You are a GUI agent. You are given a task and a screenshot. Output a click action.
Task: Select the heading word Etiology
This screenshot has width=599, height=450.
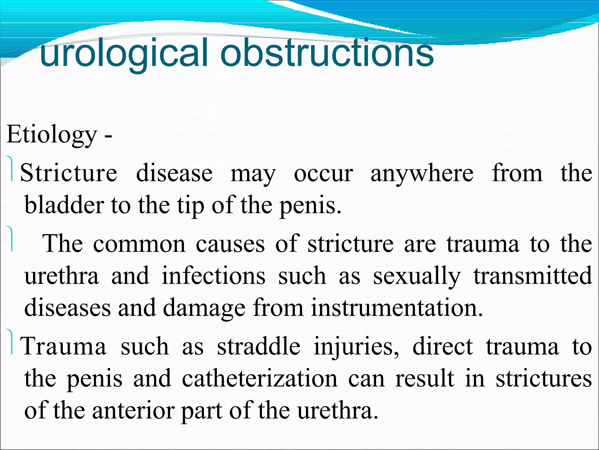coord(51,135)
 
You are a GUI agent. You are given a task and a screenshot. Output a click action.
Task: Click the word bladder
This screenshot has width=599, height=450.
coord(64,205)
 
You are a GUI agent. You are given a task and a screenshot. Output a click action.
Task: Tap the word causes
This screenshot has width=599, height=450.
coord(230,244)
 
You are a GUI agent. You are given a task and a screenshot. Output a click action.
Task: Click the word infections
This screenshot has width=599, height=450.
coord(214,276)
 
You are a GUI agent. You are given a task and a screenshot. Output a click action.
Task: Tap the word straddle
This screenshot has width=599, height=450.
coord(259,346)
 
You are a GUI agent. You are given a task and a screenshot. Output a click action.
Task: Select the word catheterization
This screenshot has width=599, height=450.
coord(260,379)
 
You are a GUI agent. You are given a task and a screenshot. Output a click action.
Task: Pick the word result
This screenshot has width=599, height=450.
coord(425,379)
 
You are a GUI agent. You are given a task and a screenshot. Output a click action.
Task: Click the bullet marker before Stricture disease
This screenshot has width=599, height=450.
coord(11,169)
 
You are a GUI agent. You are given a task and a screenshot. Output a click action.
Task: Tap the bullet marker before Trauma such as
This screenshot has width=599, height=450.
coord(11,342)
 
